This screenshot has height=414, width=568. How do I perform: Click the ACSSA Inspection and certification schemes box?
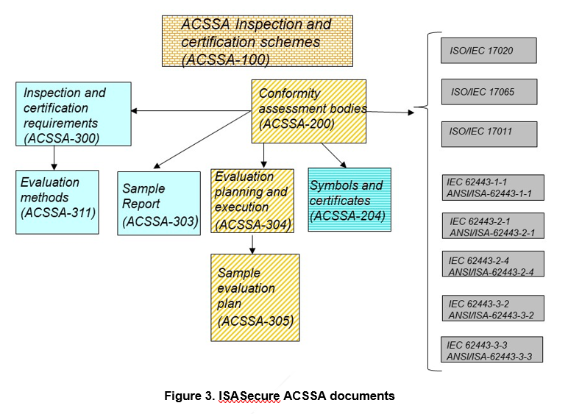click(257, 41)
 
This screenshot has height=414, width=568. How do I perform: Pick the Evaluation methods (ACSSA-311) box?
click(57, 201)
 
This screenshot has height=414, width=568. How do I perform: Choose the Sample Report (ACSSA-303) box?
click(158, 203)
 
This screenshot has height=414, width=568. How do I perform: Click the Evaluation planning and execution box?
click(252, 201)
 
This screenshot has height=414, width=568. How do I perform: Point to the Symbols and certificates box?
click(349, 199)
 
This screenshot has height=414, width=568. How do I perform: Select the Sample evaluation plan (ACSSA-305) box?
click(255, 298)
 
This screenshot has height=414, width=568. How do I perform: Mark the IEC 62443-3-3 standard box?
click(494, 349)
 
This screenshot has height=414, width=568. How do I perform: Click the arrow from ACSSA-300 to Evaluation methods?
click(54, 157)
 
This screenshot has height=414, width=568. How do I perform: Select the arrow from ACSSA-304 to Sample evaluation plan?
click(252, 243)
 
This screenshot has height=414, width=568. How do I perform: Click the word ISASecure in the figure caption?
click(249, 396)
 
